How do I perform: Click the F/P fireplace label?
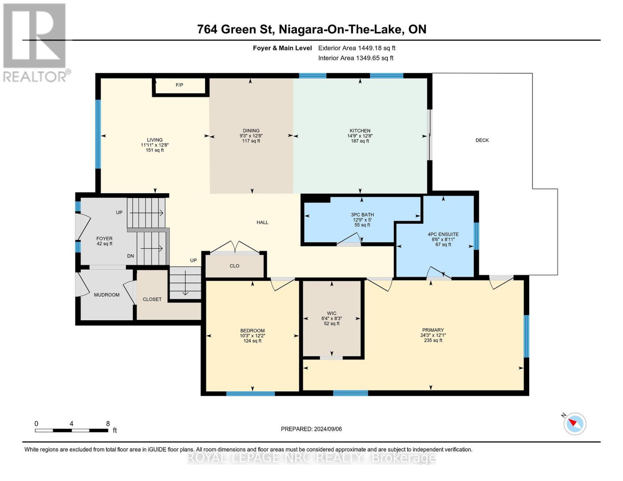coord(179,85)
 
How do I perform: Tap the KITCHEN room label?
coord(360,131)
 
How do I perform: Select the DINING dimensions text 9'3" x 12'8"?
coord(251,136)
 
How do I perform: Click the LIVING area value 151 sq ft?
coord(154,150)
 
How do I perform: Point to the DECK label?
coord(482,140)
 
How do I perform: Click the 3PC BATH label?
coord(362,215)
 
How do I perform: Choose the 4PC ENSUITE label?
coord(443,234)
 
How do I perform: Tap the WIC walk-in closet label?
coord(331,313)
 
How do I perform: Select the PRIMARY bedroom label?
coord(433,330)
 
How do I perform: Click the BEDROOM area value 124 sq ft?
coord(252,341)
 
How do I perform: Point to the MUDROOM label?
coord(107,295)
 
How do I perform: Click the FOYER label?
coord(104,238)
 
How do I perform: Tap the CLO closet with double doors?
coord(235,266)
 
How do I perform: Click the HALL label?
coord(262,222)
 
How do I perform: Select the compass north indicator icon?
coord(574,424)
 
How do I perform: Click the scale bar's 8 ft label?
coord(108,424)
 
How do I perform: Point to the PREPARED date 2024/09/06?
coord(311,429)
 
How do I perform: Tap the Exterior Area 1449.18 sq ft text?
coord(357,48)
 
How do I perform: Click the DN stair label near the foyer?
coord(130,256)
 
